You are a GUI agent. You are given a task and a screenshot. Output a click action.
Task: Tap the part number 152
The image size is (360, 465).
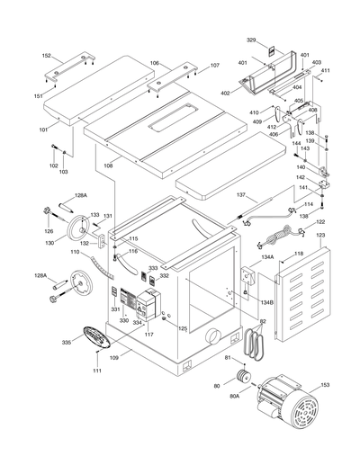[x=46, y=56]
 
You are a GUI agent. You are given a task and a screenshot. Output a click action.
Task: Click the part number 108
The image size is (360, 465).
[x=107, y=165]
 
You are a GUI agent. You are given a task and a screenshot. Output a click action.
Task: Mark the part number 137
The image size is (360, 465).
[x=241, y=194]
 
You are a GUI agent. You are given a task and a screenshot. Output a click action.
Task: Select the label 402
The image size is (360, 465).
[x=226, y=93]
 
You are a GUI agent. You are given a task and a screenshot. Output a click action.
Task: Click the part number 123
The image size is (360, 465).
[x=319, y=237]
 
